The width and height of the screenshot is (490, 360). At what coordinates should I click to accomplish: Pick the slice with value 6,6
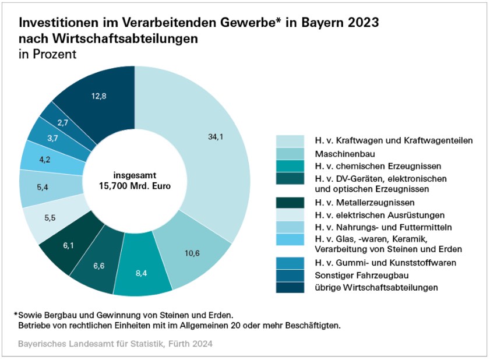pos(98,265)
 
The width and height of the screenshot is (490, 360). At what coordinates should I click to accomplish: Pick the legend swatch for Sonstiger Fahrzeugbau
pos(290,275)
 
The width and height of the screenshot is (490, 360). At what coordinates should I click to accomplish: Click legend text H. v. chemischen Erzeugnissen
pos(369,165)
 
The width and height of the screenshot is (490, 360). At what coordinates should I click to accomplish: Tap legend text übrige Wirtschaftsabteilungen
pos(376,287)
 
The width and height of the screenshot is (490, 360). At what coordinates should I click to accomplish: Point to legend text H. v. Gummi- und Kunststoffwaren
pos(385,263)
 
